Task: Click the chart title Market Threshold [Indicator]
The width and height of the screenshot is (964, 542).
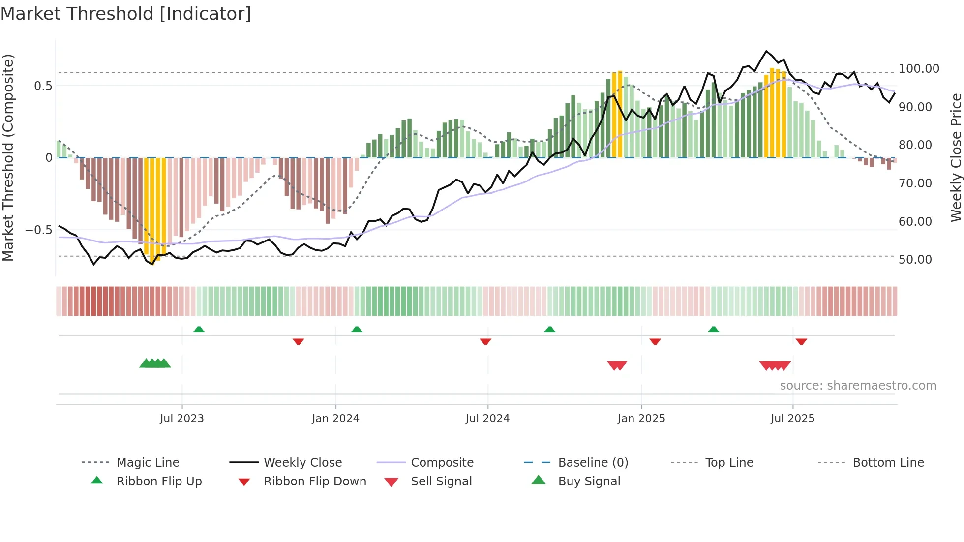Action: (126, 14)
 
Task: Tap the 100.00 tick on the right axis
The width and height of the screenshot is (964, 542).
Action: (918, 69)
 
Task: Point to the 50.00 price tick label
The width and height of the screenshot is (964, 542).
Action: (915, 260)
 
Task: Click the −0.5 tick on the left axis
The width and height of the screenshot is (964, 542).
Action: (38, 230)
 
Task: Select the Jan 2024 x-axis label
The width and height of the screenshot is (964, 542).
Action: (335, 419)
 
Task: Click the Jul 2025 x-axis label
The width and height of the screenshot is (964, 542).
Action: (792, 419)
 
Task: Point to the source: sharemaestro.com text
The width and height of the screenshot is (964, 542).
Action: (858, 386)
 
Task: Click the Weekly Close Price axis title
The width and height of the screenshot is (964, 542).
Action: (956, 157)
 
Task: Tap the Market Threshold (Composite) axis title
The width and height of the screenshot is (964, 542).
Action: (8, 157)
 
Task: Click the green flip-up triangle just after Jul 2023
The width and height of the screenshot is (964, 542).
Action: (199, 330)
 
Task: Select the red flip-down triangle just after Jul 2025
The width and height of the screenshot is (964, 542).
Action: (801, 341)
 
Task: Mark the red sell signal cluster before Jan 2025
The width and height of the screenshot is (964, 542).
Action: (617, 365)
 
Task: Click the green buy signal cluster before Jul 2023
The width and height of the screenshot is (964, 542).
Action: (155, 363)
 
